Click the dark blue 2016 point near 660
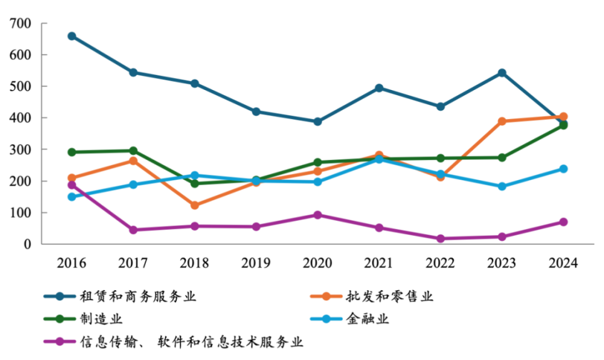click(x=72, y=37)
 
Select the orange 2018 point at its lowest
click(x=194, y=205)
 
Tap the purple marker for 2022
click(x=440, y=239)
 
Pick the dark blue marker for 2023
click(x=502, y=73)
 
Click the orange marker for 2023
click(x=502, y=121)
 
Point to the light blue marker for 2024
click(x=563, y=169)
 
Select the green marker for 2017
click(x=133, y=151)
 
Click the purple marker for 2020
click(x=318, y=215)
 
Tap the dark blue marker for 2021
click(x=379, y=88)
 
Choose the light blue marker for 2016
click(x=72, y=197)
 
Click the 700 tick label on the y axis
click(x=20, y=24)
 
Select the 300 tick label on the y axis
click(x=20, y=150)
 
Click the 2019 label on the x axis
click(x=256, y=262)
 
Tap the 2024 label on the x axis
click(x=563, y=262)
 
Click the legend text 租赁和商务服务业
click(x=138, y=296)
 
